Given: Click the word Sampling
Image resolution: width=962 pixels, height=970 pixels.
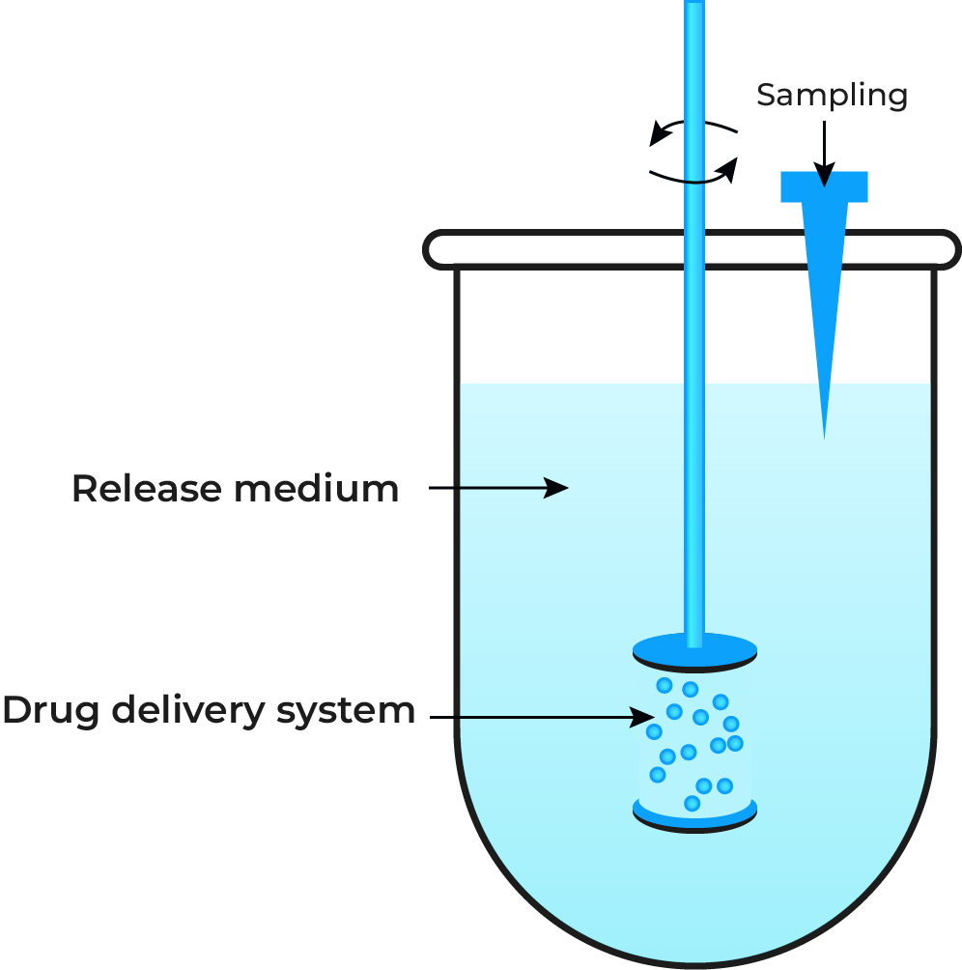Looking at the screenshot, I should tap(832, 96).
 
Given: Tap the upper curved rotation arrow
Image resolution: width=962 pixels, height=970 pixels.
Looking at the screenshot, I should tap(693, 128).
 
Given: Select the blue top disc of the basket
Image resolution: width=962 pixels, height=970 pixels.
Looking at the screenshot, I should tap(693, 652).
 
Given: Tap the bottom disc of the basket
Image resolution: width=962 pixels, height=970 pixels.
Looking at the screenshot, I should tap(693, 817).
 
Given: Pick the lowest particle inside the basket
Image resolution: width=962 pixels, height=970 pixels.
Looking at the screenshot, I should tap(692, 803).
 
